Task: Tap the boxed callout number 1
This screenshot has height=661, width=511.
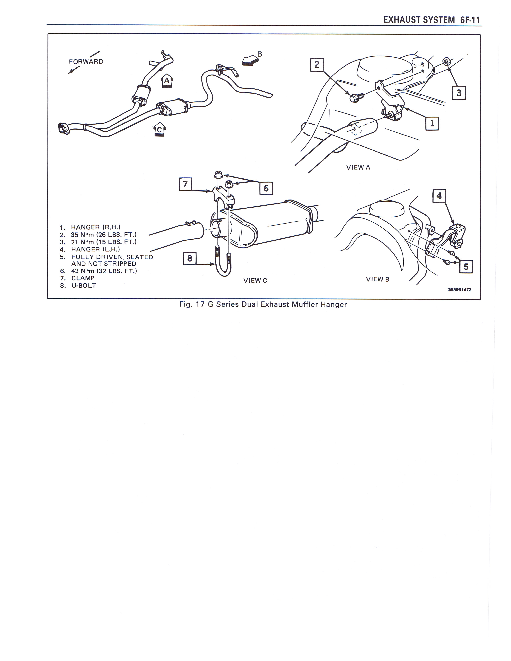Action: (x=432, y=123)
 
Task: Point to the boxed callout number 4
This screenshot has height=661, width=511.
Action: (x=439, y=196)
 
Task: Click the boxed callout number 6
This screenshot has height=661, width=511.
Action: (x=266, y=188)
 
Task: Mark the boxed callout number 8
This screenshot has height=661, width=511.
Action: (x=190, y=258)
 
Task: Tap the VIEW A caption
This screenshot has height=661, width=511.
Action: (x=358, y=168)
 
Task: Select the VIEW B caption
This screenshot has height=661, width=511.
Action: (x=378, y=279)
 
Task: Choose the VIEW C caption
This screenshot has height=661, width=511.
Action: (x=255, y=281)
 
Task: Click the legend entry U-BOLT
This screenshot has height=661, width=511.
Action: (x=84, y=286)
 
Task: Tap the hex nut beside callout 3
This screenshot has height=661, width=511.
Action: (x=445, y=62)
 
